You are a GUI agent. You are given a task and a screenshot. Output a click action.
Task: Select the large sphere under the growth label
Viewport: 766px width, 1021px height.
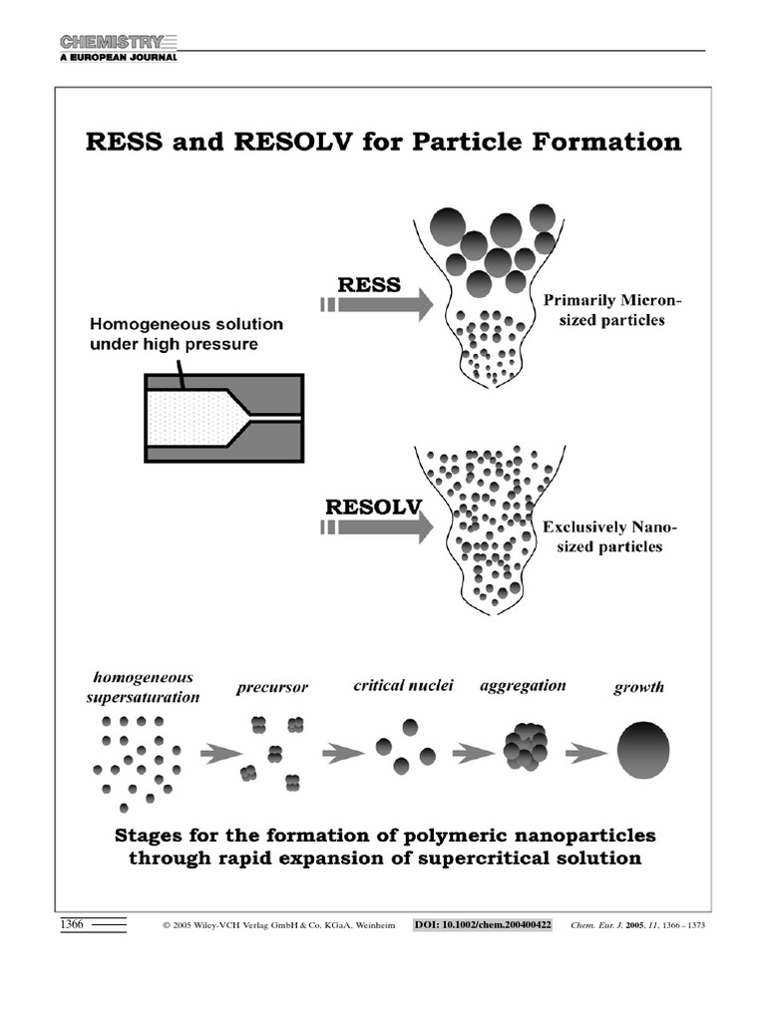click(643, 750)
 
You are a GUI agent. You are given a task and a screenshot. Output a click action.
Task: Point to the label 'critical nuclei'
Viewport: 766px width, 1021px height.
click(404, 685)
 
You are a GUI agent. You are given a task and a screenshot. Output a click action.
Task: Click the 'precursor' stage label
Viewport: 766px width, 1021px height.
click(272, 688)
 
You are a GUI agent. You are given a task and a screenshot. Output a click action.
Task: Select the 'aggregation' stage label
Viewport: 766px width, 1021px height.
click(523, 686)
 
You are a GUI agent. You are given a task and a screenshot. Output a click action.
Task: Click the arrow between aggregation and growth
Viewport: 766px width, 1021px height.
click(586, 754)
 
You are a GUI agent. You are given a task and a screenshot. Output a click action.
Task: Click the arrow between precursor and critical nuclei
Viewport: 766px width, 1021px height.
click(344, 754)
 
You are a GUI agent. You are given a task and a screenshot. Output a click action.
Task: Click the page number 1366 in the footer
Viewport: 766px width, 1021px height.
click(72, 925)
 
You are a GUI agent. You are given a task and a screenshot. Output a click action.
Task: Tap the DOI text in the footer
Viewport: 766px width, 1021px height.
click(484, 925)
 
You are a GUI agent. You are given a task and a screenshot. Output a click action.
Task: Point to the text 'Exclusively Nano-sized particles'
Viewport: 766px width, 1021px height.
click(601, 536)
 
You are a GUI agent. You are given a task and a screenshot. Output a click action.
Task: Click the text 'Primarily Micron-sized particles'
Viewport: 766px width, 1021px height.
click(602, 310)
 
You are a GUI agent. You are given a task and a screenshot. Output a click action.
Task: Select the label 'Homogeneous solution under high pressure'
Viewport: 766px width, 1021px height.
click(187, 334)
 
